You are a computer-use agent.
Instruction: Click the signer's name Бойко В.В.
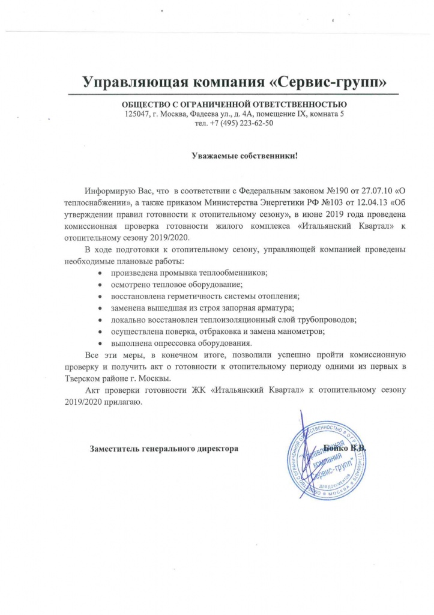pos(345,448)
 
